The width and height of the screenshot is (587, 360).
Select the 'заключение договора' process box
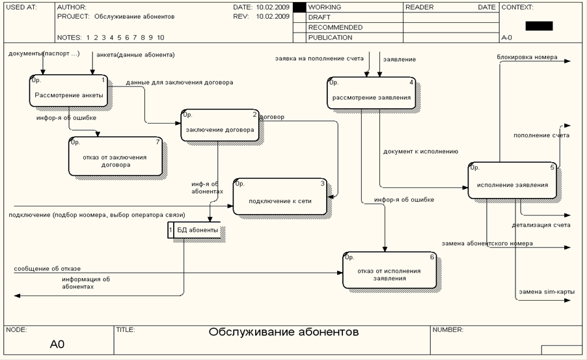(220, 129)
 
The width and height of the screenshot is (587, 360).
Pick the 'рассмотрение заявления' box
(371, 98)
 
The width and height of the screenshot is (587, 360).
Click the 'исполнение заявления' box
(512, 184)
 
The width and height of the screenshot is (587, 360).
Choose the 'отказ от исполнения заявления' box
(389, 273)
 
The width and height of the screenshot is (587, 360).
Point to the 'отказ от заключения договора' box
(115, 160)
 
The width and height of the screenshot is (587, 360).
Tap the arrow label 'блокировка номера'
(526, 57)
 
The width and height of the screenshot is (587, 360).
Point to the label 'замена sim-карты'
(546, 292)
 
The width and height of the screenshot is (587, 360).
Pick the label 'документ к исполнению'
(420, 151)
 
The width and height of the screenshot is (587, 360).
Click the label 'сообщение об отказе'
(48, 268)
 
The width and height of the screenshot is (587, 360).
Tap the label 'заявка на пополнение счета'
(319, 59)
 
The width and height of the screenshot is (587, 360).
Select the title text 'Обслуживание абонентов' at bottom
(283, 333)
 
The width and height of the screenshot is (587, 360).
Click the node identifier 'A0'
(57, 344)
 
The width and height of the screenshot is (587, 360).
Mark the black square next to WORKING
(299, 7)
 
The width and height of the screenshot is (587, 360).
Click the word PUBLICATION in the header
(330, 38)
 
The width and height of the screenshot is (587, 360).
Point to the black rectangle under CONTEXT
(539, 26)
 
